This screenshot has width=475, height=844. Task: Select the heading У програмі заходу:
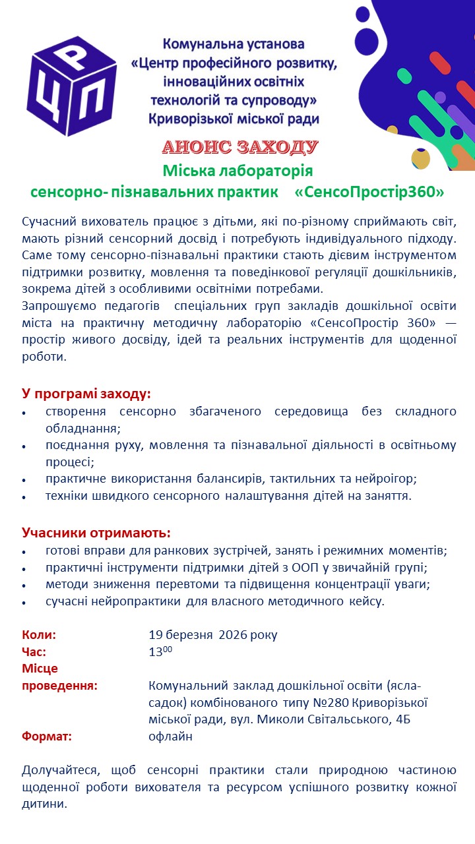click(x=86, y=394)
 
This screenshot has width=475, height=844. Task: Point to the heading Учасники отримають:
click(x=96, y=533)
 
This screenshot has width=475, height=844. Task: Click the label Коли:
click(x=39, y=635)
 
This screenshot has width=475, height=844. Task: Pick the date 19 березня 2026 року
click(x=213, y=635)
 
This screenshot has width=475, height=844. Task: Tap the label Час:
click(x=34, y=652)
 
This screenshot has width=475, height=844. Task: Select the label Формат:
click(x=47, y=737)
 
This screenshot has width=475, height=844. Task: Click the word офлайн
click(x=171, y=737)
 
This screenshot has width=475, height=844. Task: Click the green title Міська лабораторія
click(x=237, y=171)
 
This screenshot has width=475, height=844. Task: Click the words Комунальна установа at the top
click(x=234, y=45)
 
